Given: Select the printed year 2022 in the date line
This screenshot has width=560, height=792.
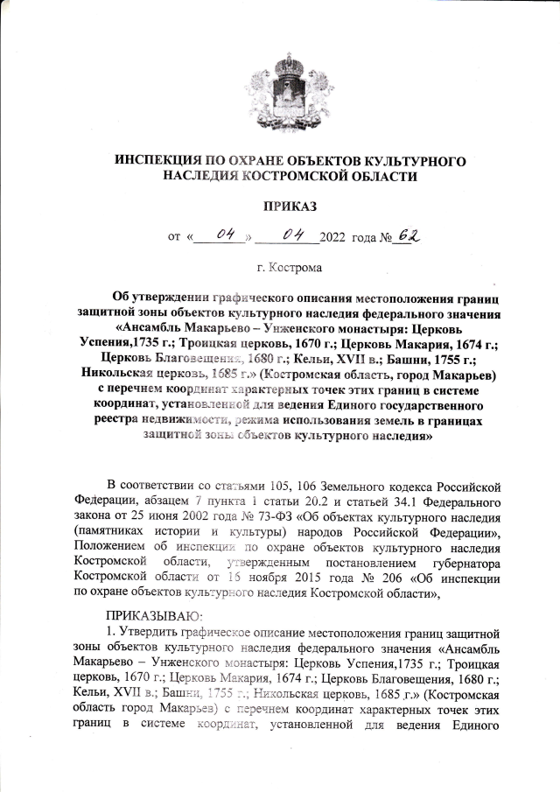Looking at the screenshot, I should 334,237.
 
